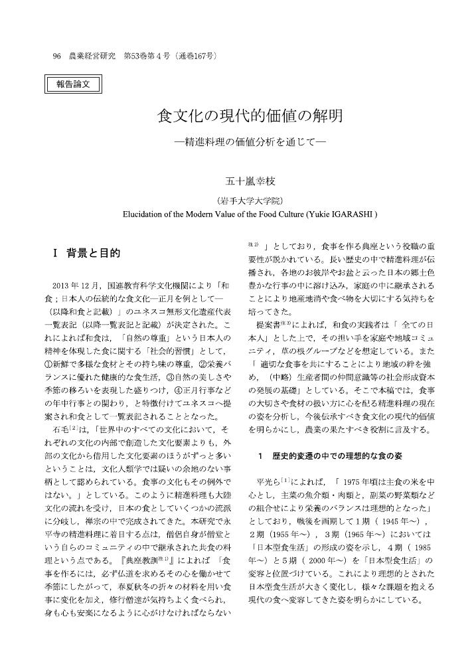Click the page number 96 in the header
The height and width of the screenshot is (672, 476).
(56, 56)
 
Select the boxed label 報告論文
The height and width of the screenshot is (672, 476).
(72, 83)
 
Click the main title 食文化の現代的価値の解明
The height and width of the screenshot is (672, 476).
(250, 117)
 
